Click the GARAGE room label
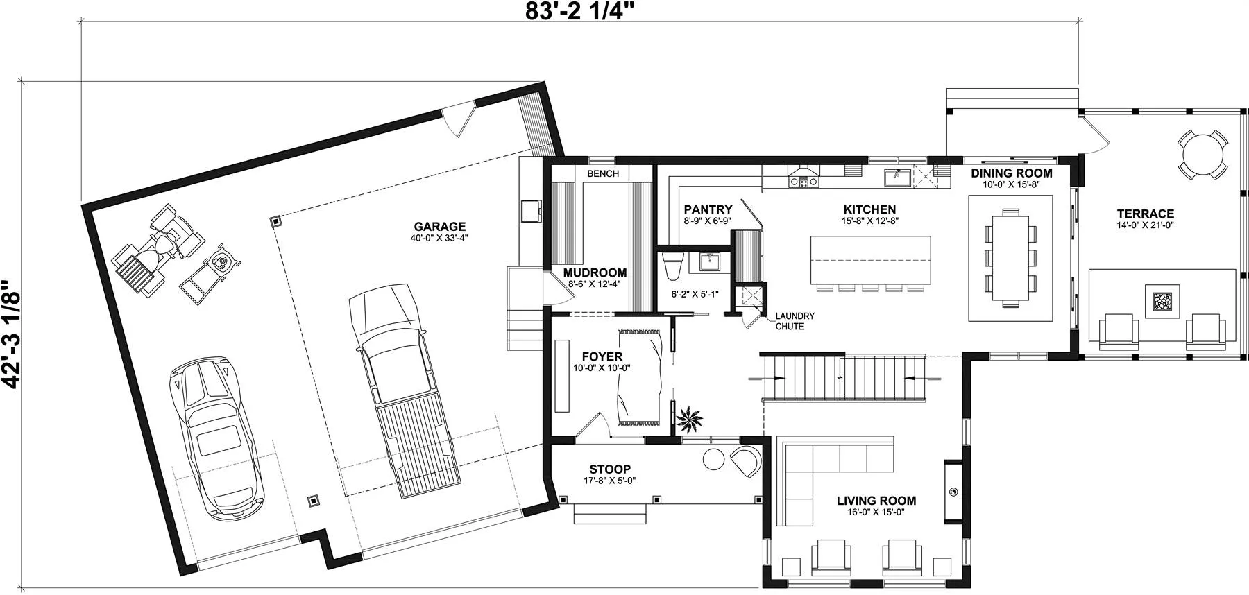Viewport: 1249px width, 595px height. pyautogui.click(x=439, y=227)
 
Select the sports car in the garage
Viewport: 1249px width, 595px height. pyautogui.click(x=217, y=438)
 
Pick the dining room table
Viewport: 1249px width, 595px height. pyautogui.click(x=1011, y=257)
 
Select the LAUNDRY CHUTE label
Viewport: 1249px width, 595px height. pyautogui.click(x=795, y=321)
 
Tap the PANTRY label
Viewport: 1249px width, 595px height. pyautogui.click(x=708, y=209)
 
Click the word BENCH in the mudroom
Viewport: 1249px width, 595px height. pyautogui.click(x=603, y=173)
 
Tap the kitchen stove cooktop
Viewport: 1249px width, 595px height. pyautogui.click(x=804, y=182)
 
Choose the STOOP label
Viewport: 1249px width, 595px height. pyautogui.click(x=610, y=469)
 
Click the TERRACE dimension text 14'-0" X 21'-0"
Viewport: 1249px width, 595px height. pyautogui.click(x=1145, y=225)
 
